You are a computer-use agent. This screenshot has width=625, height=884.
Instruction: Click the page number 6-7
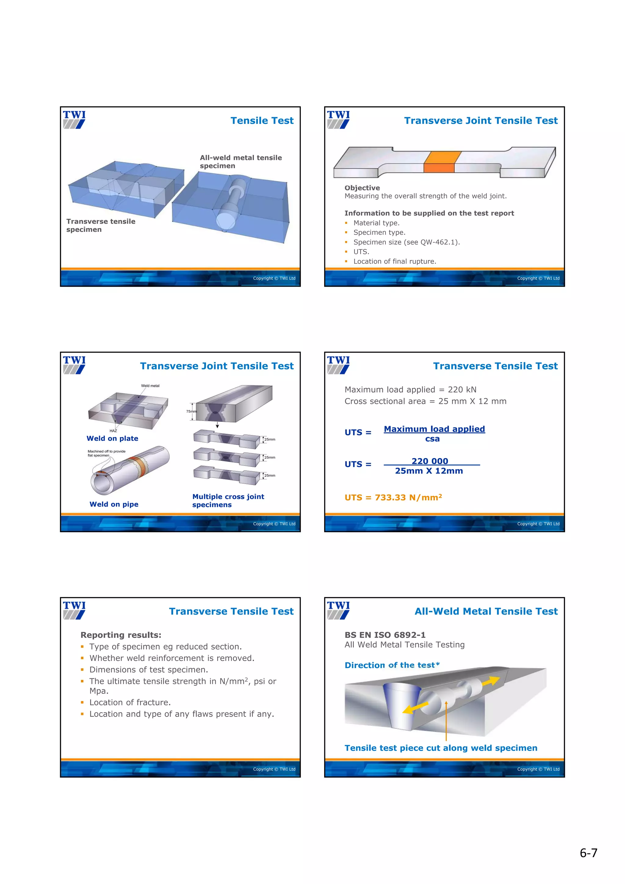click(588, 853)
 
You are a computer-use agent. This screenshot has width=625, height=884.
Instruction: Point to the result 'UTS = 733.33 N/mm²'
click(393, 498)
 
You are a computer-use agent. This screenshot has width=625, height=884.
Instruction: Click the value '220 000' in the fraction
click(430, 461)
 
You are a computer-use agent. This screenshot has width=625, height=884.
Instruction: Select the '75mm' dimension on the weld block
click(191, 411)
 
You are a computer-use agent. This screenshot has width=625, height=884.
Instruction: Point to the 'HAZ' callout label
click(113, 431)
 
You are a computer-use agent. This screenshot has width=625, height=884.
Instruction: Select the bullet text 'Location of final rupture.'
click(394, 261)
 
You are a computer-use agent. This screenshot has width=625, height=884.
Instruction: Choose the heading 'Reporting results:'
click(121, 635)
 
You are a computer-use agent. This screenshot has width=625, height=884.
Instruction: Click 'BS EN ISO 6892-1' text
click(385, 635)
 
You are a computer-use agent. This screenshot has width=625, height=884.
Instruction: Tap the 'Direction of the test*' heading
click(392, 665)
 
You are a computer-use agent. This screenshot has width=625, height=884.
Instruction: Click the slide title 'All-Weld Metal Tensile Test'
click(486, 611)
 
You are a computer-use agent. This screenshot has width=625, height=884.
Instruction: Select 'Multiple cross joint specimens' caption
click(228, 501)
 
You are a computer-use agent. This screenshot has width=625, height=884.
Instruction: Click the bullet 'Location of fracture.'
click(130, 702)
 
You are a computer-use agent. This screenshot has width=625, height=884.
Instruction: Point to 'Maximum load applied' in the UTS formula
click(434, 429)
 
